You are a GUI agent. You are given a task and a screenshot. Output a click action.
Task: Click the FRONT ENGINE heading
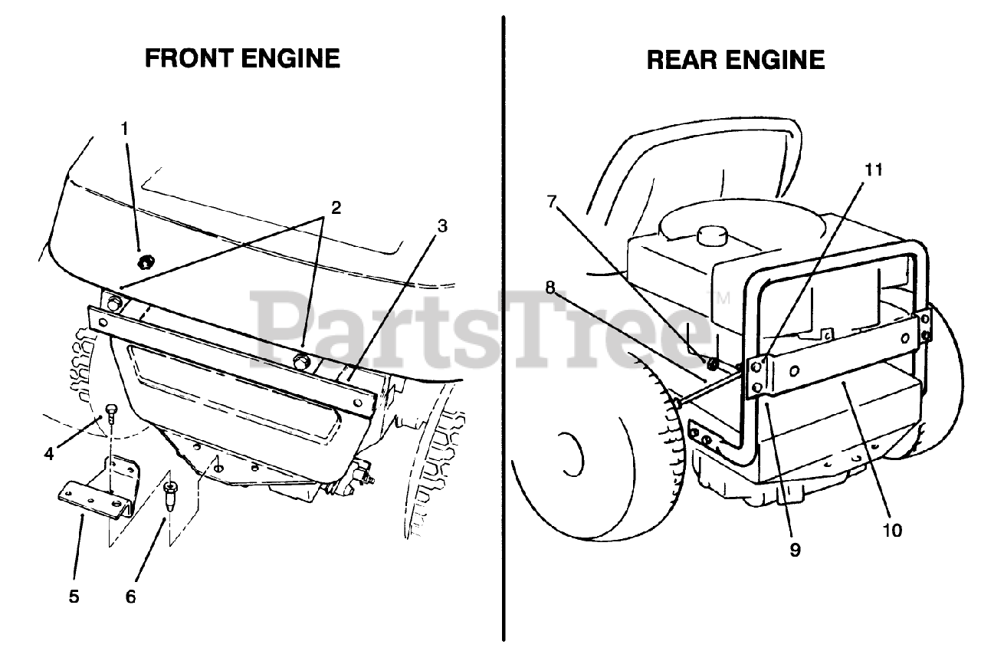(242, 58)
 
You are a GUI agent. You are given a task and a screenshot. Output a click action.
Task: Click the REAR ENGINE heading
(736, 60)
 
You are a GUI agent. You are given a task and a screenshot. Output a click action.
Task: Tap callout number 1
(125, 128)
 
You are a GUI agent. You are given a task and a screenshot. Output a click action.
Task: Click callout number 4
(48, 453)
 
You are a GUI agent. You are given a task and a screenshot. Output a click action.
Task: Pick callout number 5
(74, 596)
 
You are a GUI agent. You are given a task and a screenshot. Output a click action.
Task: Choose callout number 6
(130, 596)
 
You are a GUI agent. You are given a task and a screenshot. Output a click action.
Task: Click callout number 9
(795, 549)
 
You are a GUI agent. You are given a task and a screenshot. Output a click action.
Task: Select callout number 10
(892, 529)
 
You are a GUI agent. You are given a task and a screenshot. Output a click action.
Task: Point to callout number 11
(874, 170)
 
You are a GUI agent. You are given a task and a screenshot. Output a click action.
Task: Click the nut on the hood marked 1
(143, 263)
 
